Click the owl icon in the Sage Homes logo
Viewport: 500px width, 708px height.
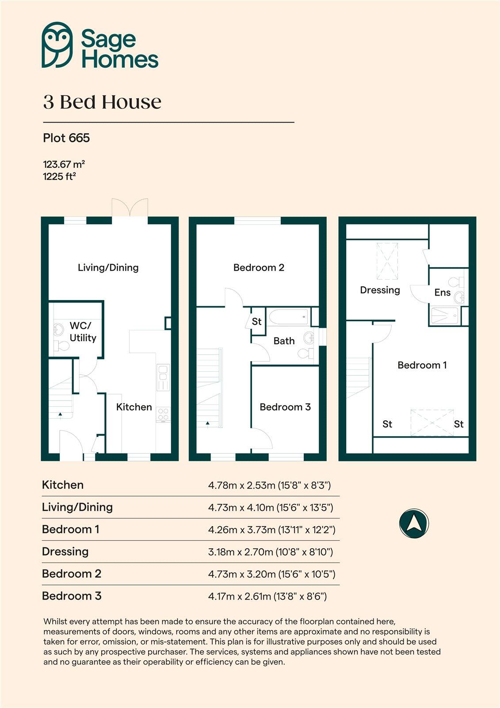[57, 45]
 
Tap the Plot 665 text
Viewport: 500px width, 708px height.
[66, 138]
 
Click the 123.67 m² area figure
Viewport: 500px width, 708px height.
[64, 164]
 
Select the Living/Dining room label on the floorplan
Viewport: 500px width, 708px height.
[108, 267]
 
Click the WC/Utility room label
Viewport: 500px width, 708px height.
[82, 332]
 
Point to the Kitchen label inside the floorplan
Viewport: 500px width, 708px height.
[134, 407]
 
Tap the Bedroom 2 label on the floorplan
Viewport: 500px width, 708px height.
[259, 267]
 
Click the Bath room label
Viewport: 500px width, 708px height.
[284, 341]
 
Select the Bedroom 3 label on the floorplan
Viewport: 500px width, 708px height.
[285, 407]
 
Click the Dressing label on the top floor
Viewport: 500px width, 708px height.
[380, 290]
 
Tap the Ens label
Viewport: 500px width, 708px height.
[442, 292]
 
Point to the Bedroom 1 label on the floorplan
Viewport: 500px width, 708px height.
[422, 365]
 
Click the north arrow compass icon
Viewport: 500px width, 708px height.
[413, 524]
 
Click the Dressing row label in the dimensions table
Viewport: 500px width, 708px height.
[65, 551]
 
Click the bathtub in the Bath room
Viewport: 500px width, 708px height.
[289, 316]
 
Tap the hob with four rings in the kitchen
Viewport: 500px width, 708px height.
[163, 414]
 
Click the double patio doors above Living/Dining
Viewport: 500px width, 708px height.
[130, 208]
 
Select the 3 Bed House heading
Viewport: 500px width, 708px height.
[102, 102]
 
